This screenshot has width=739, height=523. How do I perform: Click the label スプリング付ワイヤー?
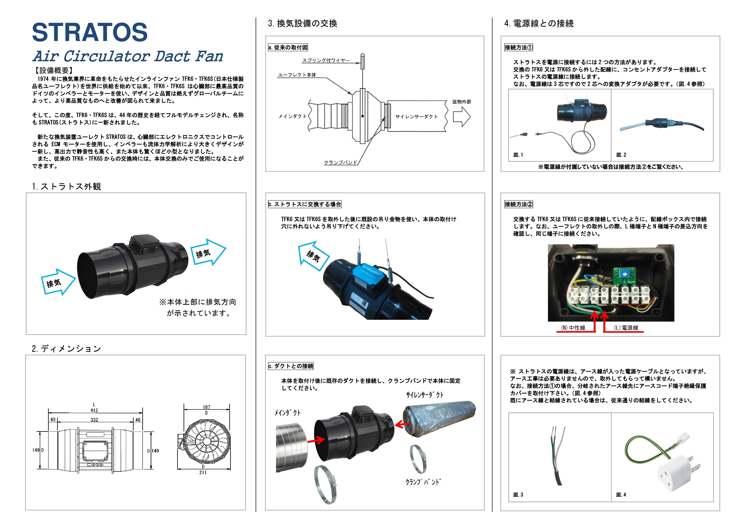[x=326, y=60]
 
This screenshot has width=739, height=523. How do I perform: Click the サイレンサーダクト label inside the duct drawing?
[x=416, y=117]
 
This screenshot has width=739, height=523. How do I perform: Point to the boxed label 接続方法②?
[x=518, y=204]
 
